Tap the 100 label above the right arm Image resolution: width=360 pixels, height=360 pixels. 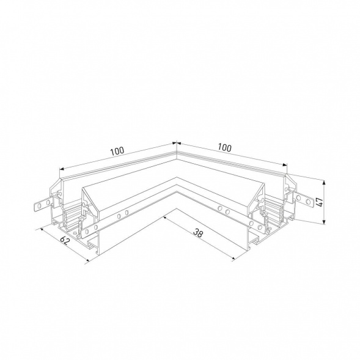pos(224,147)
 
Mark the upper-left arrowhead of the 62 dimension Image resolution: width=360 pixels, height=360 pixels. pos(40,229)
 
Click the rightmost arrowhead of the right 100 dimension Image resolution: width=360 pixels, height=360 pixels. pos(284,166)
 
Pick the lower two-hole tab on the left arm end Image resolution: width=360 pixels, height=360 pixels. pos(74,229)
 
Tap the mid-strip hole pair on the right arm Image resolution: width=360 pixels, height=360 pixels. pos(223,211)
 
